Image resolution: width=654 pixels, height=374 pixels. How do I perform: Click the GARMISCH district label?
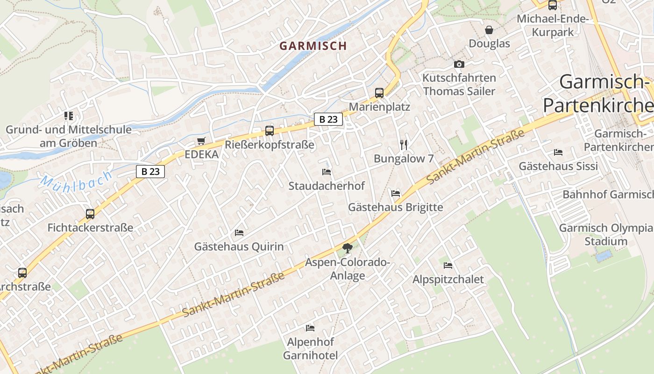[x=313, y=46]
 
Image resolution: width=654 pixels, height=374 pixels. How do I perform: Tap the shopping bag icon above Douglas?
[x=489, y=30]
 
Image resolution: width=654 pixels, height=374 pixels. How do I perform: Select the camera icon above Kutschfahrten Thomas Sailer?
[x=459, y=64]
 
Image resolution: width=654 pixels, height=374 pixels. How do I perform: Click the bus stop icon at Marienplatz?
[x=379, y=93]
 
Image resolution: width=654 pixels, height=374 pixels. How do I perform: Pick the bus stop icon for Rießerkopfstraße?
[x=270, y=130]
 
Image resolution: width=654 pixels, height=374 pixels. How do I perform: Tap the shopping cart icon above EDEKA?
[x=201, y=141]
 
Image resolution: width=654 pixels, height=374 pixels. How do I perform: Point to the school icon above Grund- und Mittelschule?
[x=69, y=115]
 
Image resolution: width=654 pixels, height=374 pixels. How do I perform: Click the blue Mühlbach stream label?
[x=76, y=180]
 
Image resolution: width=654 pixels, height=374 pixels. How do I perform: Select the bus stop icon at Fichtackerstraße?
[x=90, y=214]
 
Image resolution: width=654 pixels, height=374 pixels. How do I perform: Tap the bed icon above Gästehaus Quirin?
[x=239, y=232]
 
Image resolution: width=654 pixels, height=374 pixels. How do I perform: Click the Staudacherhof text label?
[x=327, y=186]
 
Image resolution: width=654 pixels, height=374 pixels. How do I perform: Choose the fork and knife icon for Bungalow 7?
[x=404, y=144]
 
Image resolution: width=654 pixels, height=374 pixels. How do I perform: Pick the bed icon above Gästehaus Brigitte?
[x=396, y=193]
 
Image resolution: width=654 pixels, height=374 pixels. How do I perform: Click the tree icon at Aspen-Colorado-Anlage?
[x=347, y=248]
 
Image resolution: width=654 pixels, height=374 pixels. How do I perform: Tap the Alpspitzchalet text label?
[x=448, y=280]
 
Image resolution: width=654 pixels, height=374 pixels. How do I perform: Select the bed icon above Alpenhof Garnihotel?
[x=310, y=327]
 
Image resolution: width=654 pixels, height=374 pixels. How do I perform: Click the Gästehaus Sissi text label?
[x=558, y=166]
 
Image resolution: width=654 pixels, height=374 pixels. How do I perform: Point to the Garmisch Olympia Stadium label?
[x=606, y=235]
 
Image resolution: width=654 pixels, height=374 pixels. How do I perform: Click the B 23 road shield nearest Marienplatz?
[x=328, y=119]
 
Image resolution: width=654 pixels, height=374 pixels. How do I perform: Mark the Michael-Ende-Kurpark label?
[x=553, y=26]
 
